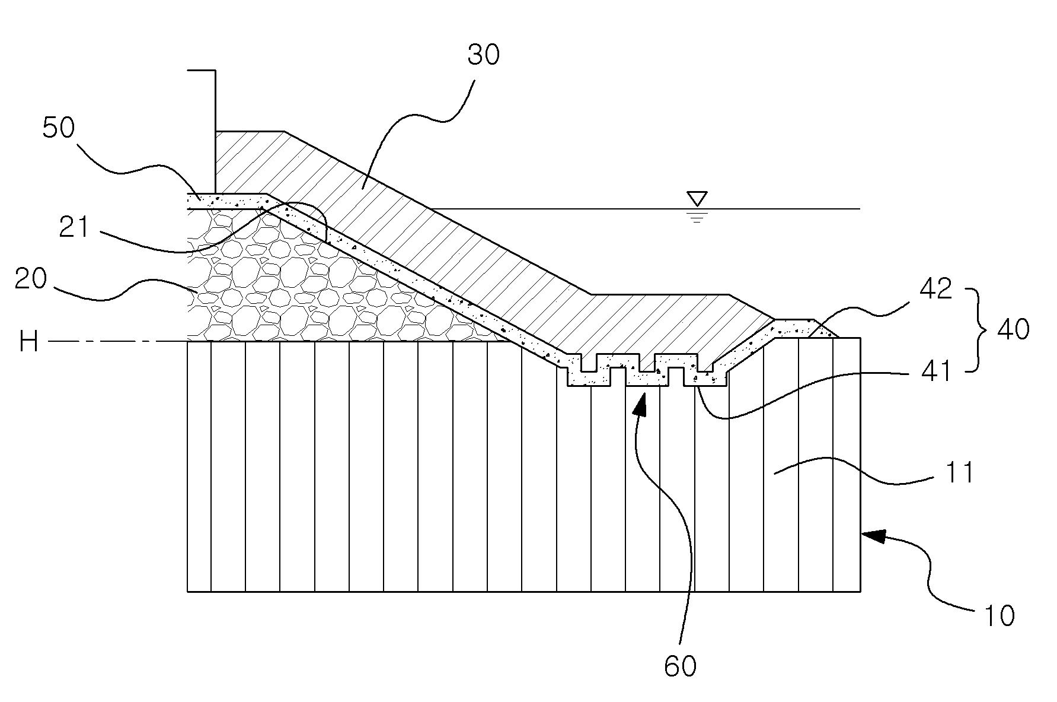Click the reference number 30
484,55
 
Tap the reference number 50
59,129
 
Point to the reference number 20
31,279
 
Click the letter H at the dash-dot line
28,342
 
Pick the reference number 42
935,290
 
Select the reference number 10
999,615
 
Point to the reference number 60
679,666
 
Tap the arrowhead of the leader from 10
871,536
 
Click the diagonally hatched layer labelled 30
451,237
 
